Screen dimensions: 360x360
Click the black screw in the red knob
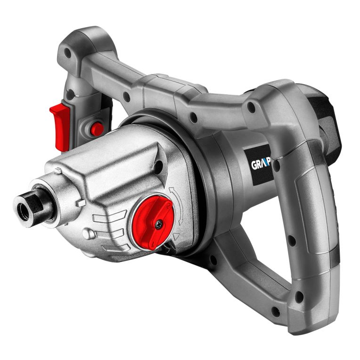[x=158, y=225]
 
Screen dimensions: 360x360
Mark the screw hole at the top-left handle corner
[x=68, y=53]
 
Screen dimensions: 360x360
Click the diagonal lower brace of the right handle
[x=250, y=269]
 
